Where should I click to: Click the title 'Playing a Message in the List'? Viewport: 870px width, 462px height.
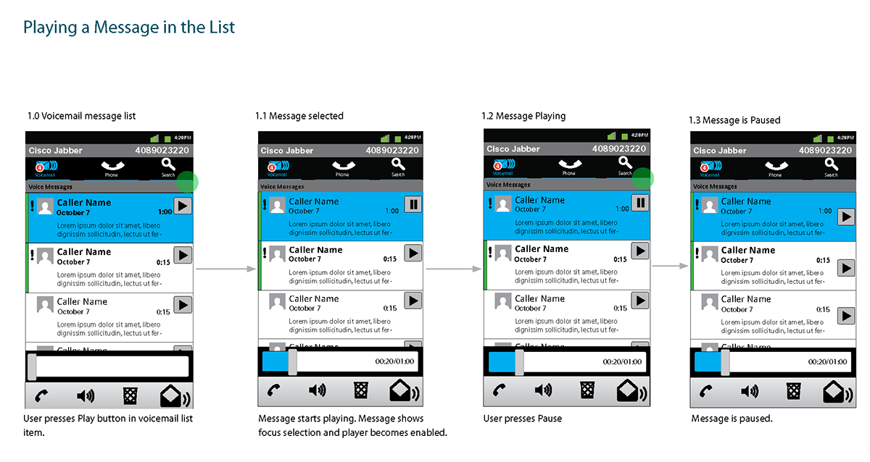129,28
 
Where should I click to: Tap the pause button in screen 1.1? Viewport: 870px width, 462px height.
413,205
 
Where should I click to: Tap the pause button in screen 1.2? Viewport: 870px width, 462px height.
639,203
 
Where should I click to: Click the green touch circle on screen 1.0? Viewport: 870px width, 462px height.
188,182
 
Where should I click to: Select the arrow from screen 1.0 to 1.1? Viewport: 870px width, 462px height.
226,269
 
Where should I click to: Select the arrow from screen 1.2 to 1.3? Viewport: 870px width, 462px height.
669,266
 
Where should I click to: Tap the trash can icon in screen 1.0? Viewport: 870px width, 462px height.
130,395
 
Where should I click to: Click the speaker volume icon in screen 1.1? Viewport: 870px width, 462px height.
317,391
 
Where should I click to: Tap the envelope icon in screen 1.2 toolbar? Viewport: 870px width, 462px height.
629,391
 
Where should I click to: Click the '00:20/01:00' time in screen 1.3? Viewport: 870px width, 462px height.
827,361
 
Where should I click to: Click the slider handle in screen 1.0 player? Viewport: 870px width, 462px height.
32,366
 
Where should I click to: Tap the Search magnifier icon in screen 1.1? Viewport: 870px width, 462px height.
398,165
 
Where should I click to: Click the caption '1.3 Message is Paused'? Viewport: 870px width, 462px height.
734,120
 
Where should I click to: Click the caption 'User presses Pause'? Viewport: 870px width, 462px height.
522,419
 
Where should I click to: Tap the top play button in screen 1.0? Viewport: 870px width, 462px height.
183,206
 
